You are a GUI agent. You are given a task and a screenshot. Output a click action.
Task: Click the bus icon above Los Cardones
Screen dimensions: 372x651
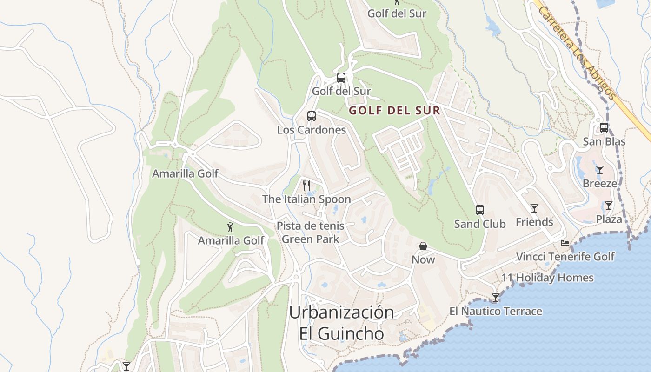click(312, 116)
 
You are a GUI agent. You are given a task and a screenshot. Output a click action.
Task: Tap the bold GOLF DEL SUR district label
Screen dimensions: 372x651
click(394, 111)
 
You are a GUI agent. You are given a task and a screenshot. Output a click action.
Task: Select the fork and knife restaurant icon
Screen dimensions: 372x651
click(306, 186)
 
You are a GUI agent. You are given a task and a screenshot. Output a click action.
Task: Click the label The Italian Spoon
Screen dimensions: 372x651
click(306, 199)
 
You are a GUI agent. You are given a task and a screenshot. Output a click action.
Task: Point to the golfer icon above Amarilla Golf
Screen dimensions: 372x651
click(230, 227)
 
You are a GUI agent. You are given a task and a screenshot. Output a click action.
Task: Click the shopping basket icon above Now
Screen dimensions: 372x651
click(423, 246)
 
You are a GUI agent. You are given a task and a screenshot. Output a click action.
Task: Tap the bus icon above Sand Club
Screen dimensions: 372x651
click(480, 210)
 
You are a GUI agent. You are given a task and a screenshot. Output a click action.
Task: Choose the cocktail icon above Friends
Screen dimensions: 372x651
click(534, 208)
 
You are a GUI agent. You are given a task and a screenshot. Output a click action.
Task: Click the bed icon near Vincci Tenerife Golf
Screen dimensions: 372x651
click(565, 243)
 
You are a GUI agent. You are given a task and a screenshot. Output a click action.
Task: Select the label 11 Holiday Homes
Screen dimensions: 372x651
click(547, 278)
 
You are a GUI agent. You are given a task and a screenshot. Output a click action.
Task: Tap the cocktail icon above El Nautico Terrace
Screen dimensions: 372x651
click(496, 298)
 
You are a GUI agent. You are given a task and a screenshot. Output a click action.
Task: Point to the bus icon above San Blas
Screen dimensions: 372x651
click(604, 127)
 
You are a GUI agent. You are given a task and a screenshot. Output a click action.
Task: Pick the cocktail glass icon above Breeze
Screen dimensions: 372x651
click(600, 170)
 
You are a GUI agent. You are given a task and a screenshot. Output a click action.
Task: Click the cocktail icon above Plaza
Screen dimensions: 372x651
click(608, 206)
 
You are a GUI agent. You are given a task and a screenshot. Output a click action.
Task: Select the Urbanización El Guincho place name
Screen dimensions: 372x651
click(342, 323)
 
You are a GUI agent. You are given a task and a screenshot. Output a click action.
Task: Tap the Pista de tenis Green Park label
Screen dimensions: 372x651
click(311, 232)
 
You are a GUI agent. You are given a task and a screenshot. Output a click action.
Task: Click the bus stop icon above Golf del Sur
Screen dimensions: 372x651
click(341, 78)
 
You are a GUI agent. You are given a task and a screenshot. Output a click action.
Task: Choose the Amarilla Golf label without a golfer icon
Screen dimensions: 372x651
click(185, 173)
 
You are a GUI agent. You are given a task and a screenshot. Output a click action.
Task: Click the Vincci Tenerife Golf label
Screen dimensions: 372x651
click(565, 257)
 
